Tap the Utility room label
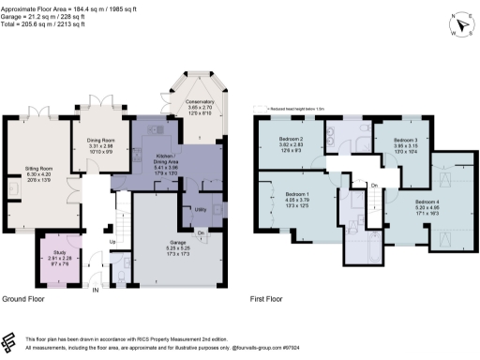pyautogui.click(x=200, y=210)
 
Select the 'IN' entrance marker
pyautogui.click(x=95, y=291)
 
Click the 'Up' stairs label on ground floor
pyautogui.click(x=113, y=242)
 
